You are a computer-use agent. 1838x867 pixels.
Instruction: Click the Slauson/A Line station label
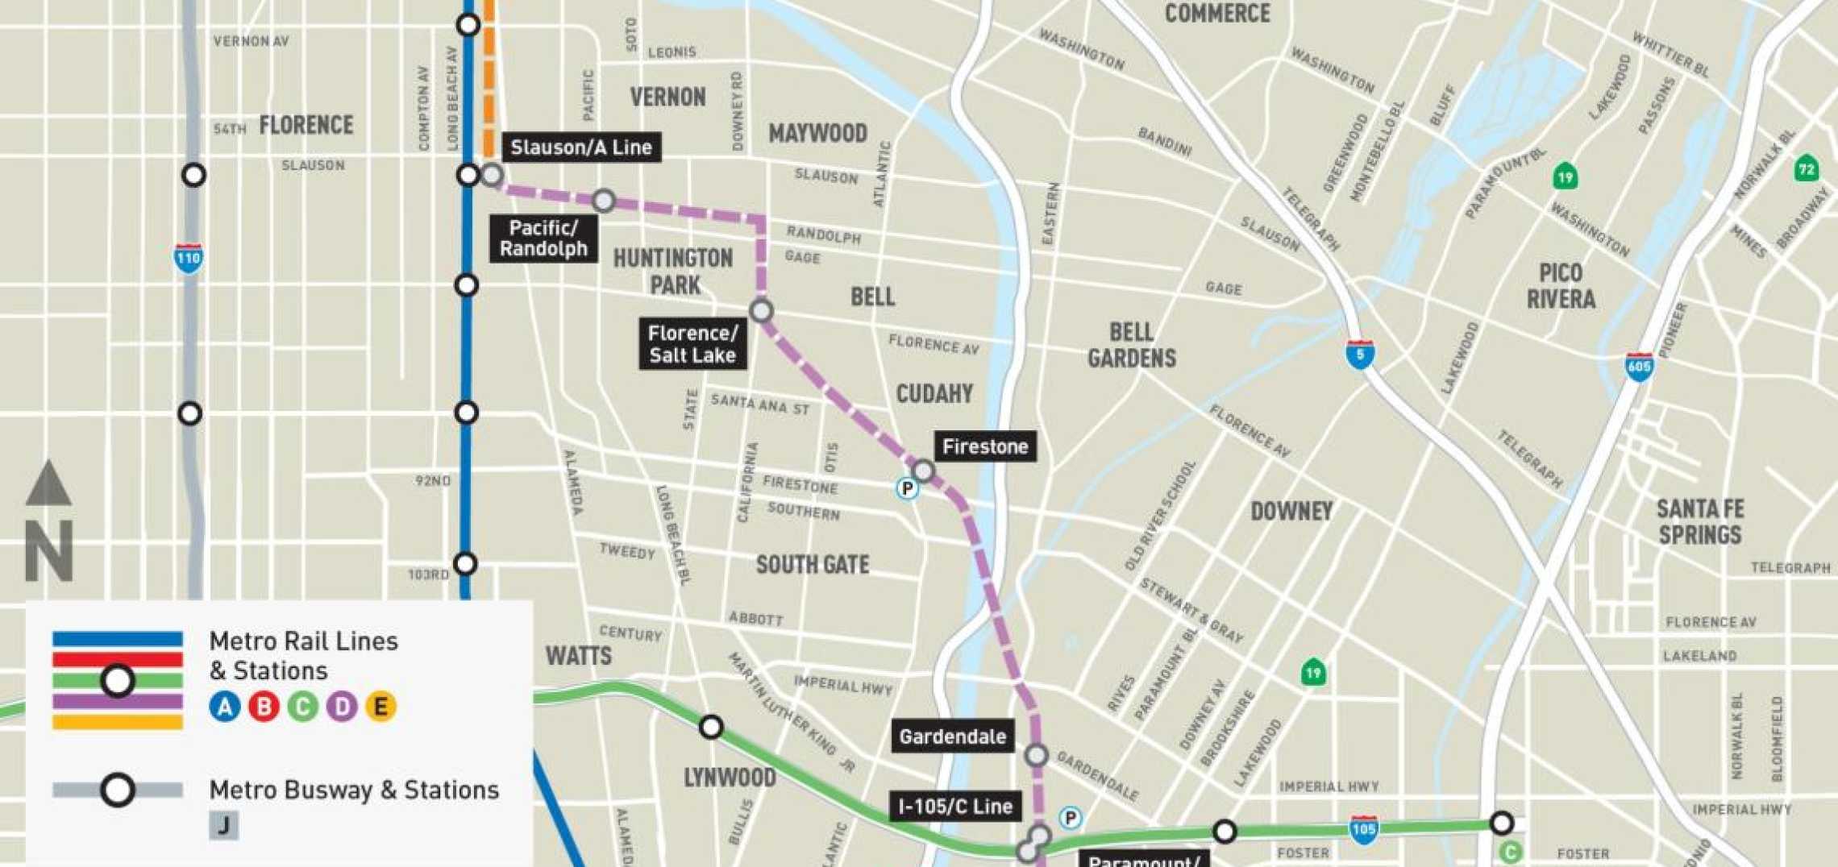580,147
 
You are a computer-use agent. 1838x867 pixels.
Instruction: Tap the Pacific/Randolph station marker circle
604,201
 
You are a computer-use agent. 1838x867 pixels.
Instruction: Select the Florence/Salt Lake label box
692,344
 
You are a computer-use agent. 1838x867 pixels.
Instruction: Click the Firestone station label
984,446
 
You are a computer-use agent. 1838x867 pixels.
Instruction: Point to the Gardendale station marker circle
1036,755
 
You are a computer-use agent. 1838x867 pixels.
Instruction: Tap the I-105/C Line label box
955,806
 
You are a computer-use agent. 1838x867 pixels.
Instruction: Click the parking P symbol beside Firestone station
907,488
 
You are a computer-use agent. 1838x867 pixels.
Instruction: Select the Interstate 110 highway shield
188,258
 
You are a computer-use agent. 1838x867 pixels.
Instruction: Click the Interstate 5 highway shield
1359,355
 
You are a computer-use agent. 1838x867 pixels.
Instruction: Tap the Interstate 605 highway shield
1639,367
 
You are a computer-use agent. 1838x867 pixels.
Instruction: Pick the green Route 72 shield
1807,168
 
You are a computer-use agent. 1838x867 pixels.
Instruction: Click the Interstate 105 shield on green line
1363,829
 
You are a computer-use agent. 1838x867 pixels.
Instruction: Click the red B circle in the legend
264,707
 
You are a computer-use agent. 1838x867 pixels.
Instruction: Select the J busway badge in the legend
224,825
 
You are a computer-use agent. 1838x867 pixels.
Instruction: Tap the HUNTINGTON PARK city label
674,272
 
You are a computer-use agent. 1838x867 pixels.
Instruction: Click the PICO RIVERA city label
1561,286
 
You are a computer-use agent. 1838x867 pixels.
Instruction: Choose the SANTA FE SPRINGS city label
1700,521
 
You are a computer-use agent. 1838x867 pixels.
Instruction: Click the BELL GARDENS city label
1131,345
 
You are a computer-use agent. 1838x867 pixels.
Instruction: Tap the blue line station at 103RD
465,563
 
